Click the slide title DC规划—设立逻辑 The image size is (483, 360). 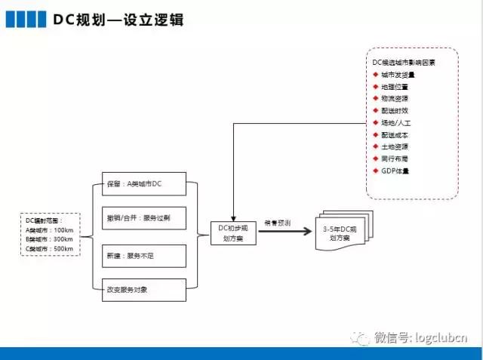click(118, 19)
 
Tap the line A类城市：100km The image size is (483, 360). click(49, 229)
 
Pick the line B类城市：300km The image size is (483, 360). click(49, 239)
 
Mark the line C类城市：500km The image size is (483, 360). click(49, 249)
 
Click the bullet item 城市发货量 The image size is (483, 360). click(398, 75)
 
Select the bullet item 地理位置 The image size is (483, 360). click(395, 87)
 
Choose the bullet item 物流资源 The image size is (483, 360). click(395, 98)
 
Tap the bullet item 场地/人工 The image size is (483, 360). click(395, 122)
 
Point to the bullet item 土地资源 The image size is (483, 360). click(395, 146)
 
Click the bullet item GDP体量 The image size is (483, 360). click(395, 170)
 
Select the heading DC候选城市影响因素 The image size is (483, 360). click(404, 62)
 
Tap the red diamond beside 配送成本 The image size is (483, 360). click(375, 134)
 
